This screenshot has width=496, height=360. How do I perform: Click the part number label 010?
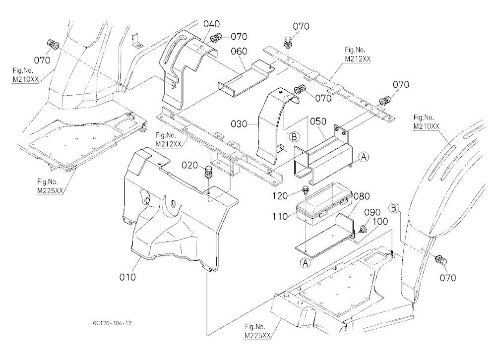tap(127, 277)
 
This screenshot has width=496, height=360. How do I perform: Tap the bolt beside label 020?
tap(208, 172)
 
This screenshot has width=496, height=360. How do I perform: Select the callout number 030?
tap(239, 124)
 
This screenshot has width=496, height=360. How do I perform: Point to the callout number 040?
tap(212, 24)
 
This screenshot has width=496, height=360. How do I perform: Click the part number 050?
tap(318, 121)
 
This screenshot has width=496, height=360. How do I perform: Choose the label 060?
tap(239, 51)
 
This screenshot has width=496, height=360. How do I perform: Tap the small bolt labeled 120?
tap(305, 190)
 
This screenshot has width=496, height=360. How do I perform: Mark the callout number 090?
tap(372, 212)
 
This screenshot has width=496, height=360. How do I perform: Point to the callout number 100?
tap(380, 222)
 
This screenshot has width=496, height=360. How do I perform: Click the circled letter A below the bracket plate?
tap(306, 262)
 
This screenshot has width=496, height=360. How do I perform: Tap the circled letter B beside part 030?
tap(294, 137)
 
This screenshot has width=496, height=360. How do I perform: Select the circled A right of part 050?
tap(364, 156)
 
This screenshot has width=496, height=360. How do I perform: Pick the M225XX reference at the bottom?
tap(257, 336)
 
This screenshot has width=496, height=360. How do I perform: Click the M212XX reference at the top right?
tap(358, 59)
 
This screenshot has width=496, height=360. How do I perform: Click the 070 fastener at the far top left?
tap(53, 45)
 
